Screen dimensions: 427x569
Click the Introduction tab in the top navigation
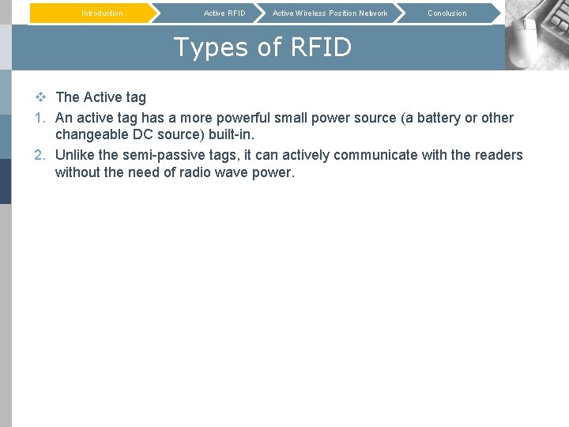click(102, 13)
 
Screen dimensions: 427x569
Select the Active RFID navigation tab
click(224, 13)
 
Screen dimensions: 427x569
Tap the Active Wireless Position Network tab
click(330, 13)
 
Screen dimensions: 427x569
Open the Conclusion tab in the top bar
click(447, 13)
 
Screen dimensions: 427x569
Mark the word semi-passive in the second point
click(158, 155)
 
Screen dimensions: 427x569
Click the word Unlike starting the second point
click(75, 155)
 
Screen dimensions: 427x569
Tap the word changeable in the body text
click(89, 135)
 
